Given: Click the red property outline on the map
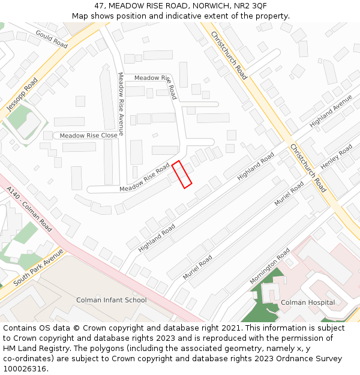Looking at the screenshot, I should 182,175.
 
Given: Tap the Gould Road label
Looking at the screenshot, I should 52,38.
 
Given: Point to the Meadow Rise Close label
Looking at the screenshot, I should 88,136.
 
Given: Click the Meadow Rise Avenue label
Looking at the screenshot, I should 121,104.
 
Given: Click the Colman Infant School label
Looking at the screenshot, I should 111,300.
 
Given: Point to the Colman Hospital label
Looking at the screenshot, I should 308,302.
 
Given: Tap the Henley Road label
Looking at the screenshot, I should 337,157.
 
